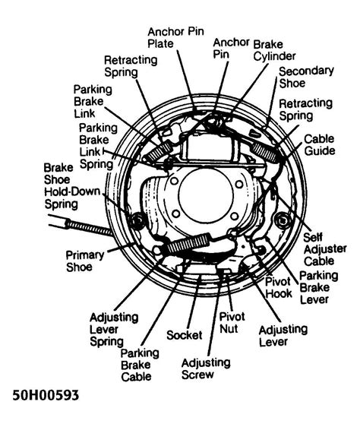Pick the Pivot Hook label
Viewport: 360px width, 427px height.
tap(279, 286)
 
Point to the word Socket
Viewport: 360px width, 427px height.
tap(183, 334)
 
